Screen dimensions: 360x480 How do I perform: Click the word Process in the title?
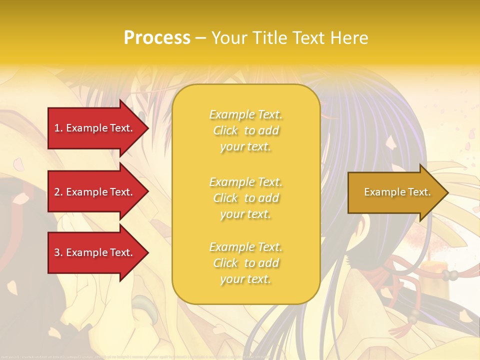157,38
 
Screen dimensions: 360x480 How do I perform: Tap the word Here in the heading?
348,38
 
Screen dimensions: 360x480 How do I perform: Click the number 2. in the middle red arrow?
58,192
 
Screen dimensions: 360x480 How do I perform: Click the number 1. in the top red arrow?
58,128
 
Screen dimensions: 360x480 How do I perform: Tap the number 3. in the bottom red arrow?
58,252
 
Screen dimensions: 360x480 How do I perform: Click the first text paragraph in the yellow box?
245,130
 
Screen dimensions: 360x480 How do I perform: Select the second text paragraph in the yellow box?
245,198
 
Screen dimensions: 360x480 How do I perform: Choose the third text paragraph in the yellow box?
245,263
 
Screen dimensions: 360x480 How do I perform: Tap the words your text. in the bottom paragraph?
245,279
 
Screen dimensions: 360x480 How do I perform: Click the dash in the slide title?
201,38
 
